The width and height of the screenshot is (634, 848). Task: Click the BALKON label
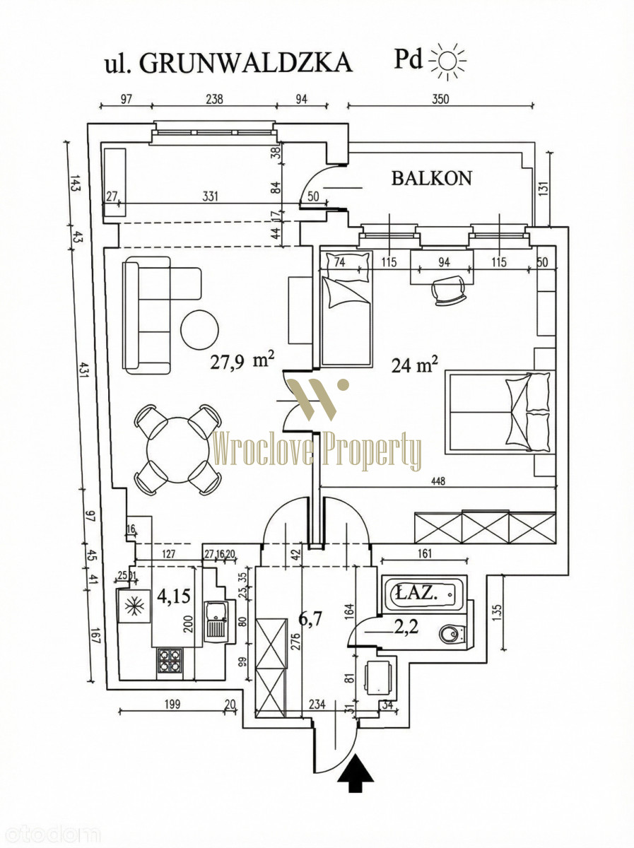[x=432, y=178]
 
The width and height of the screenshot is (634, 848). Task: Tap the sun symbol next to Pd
[x=448, y=61]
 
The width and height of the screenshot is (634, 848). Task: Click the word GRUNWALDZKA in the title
[x=246, y=63]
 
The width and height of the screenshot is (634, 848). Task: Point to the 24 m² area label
[x=415, y=365]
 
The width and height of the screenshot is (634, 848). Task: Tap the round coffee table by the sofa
[x=200, y=330]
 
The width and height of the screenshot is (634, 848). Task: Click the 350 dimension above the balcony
[x=440, y=100]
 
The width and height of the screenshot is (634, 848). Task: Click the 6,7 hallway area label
[x=310, y=619]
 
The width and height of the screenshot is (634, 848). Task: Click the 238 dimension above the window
[x=214, y=100]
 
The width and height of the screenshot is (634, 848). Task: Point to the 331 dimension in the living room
[x=211, y=196]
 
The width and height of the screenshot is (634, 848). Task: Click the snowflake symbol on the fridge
[x=134, y=606]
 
